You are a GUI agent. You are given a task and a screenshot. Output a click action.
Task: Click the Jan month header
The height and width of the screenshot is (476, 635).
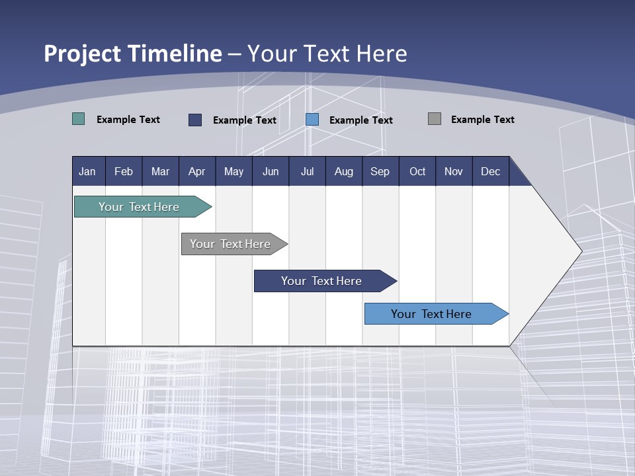87,171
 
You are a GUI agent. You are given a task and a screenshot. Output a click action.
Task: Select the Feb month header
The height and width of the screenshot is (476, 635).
124,171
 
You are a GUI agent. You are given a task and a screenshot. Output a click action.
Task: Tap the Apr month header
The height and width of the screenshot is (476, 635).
196,171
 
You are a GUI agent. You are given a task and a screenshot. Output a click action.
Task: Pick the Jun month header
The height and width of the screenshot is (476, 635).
271,171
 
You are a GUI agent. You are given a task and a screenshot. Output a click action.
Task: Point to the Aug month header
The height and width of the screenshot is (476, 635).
343,171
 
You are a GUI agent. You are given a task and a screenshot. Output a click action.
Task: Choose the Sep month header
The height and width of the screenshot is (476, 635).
380,171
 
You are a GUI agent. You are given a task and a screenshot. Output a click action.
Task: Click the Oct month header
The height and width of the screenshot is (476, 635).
417,171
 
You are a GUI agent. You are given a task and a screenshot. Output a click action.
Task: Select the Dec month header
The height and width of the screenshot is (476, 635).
490,171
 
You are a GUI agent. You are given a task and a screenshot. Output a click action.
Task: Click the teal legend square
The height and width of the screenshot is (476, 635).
79,119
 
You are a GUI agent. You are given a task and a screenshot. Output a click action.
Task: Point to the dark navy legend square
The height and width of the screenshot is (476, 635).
195,120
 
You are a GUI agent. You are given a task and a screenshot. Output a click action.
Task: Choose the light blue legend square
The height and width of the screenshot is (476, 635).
312,120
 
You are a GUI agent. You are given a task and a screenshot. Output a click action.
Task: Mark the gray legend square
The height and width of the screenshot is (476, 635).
435,119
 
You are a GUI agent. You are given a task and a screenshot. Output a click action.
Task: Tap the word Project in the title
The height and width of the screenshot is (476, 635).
83,54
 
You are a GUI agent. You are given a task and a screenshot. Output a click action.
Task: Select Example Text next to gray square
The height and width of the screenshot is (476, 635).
482,119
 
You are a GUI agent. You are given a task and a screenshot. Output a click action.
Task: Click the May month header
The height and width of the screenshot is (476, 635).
233,171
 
